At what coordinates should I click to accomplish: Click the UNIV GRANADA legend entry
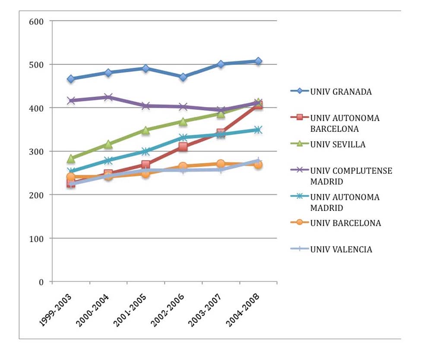[337, 91]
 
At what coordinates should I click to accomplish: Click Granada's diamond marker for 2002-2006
[183, 77]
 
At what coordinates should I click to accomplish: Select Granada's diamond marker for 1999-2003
[71, 79]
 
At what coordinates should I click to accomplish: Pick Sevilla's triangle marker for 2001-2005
[146, 130]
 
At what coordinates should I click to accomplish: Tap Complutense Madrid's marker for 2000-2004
[108, 97]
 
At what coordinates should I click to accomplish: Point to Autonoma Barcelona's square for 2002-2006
[183, 147]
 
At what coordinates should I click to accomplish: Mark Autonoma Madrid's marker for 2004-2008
[258, 130]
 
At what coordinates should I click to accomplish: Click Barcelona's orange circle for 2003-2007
[221, 164]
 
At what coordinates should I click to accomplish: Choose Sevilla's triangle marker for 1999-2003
[71, 159]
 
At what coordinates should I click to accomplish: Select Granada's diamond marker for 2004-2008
[258, 61]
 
